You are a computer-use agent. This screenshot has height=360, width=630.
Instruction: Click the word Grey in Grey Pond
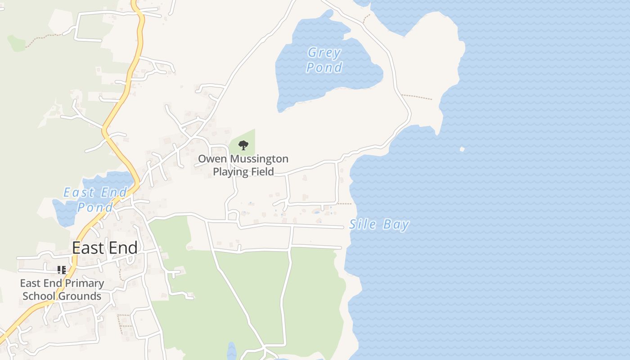click(x=324, y=53)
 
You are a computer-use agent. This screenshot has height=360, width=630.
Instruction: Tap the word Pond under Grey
click(x=324, y=67)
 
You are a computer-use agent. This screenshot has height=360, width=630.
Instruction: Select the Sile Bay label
click(x=379, y=224)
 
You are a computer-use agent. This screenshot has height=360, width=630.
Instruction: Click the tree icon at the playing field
click(x=243, y=145)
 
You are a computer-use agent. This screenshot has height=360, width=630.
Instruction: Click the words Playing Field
click(x=243, y=171)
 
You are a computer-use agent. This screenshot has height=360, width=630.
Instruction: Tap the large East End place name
click(x=105, y=248)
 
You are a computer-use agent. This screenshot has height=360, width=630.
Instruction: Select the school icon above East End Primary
click(x=62, y=270)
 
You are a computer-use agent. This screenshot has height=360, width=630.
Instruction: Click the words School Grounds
click(x=62, y=296)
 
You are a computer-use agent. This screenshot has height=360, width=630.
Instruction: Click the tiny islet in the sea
click(x=462, y=149)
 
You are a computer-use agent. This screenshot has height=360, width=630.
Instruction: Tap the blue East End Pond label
click(x=95, y=200)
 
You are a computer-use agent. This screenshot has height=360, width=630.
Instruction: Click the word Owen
click(x=210, y=159)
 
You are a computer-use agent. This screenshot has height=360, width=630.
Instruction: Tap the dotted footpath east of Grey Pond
click(x=416, y=97)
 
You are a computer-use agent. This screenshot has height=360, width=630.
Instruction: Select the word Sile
click(x=363, y=224)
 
